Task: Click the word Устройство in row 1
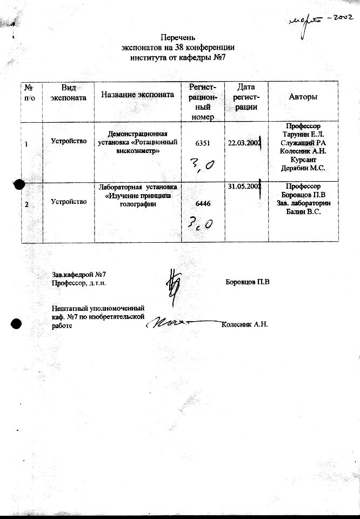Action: [x=69, y=141]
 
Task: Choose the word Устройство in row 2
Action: [x=69, y=202]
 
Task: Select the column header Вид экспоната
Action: [x=68, y=92]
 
